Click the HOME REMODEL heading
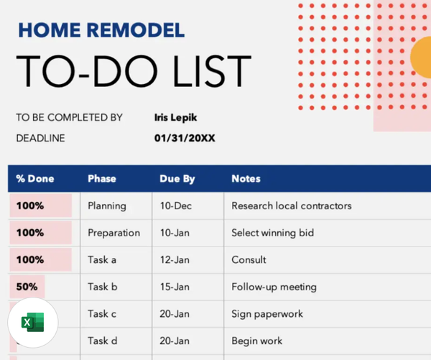point(101,29)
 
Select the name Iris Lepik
point(175,117)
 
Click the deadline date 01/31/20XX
point(185,138)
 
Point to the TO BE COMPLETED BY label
point(69,117)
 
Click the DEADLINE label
point(40,138)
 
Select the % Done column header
point(35,178)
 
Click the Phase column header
point(101,178)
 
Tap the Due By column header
point(177,178)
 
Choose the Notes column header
point(246,178)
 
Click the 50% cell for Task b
point(27,287)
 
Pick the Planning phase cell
point(107,206)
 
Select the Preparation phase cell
point(113,233)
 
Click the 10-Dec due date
point(176,206)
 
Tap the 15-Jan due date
point(175,287)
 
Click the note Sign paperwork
point(267,314)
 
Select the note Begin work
point(256,341)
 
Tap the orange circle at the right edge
point(421,62)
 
